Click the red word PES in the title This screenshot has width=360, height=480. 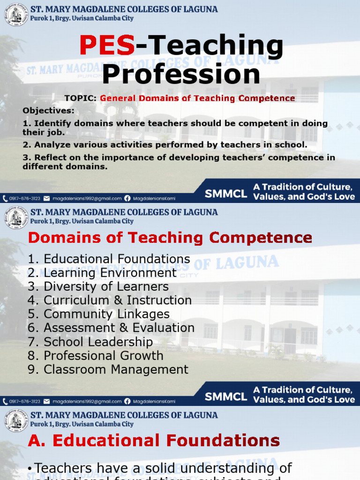click(107, 45)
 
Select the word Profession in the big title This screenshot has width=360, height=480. click(181, 75)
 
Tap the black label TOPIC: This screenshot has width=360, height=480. click(81, 98)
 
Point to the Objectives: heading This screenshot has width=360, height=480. click(49, 111)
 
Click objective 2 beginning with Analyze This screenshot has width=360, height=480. click(165, 145)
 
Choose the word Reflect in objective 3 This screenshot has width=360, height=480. click(51, 157)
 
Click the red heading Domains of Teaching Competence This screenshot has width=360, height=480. click(170, 238)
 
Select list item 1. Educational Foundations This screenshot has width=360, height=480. click(109, 259)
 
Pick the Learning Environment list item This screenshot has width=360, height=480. click(102, 273)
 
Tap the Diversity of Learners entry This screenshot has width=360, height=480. click(98, 286)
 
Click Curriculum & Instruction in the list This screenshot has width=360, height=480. click(110, 300)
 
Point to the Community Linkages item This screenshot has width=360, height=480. click(98, 314)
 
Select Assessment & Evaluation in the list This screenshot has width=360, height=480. click(111, 328)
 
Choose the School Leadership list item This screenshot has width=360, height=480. click(90, 342)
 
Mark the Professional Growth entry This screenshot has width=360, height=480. click(96, 355)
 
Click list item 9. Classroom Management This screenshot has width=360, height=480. click(108, 369)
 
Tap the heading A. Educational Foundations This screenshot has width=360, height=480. click(154, 441)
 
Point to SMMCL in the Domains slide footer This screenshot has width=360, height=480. click(226, 397)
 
